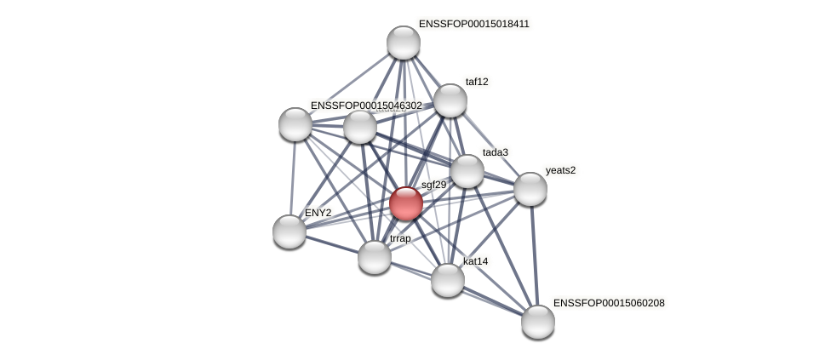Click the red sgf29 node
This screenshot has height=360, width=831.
point(406,203)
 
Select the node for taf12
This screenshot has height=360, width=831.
point(450,100)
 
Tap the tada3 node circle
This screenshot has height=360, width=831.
point(467,171)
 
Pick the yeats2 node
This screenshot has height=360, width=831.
point(530,189)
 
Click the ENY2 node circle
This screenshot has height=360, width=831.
point(289,231)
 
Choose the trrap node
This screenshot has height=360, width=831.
point(375,257)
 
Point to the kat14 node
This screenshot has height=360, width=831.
point(448,280)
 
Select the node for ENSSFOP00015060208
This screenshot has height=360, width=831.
point(538,322)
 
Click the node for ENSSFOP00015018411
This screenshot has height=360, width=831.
point(404,43)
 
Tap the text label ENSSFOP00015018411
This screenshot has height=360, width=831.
point(473,24)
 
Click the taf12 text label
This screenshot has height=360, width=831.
point(477,82)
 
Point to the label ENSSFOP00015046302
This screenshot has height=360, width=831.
point(366,106)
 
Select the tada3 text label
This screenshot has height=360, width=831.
point(495,152)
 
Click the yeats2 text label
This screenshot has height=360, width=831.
point(560,170)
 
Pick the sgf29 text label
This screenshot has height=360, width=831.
point(433,185)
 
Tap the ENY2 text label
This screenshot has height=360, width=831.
point(318,213)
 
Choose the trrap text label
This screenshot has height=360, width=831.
point(400,238)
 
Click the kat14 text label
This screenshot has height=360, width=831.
point(475,261)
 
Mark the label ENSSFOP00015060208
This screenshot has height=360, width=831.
point(608,303)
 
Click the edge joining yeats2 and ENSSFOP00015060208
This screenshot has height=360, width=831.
point(534,255)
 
